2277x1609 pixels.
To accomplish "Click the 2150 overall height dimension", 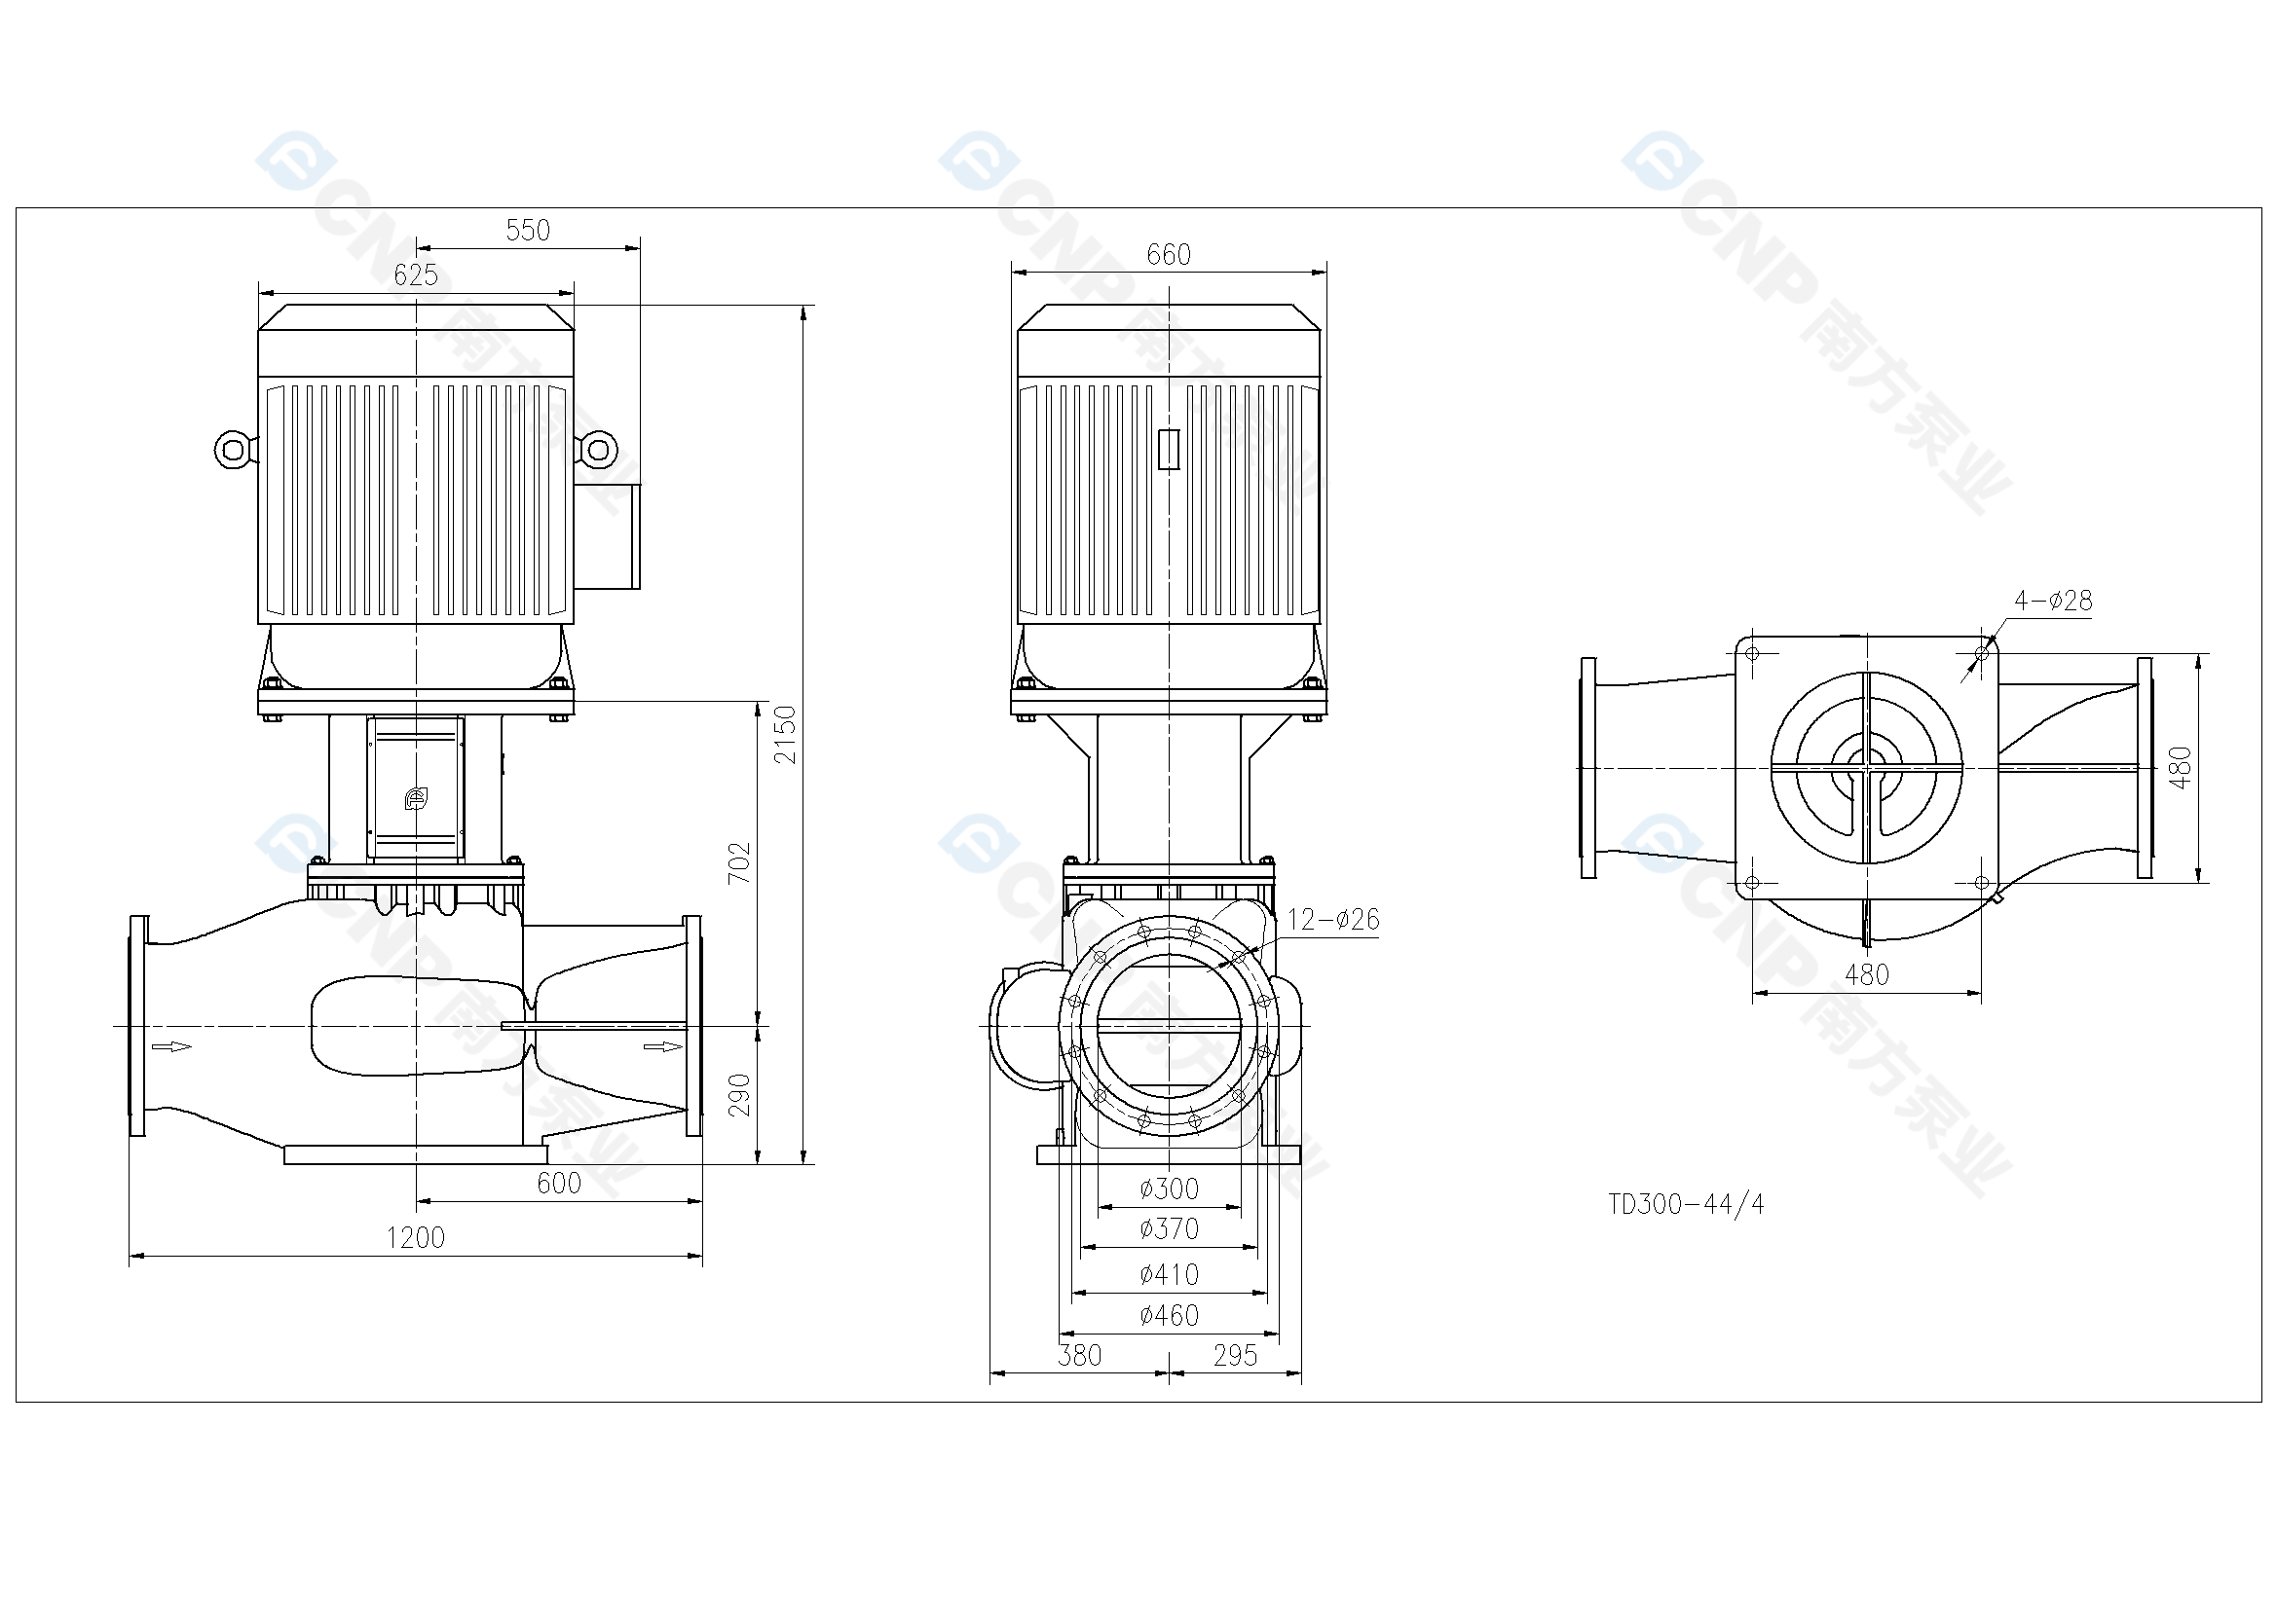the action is [785, 735].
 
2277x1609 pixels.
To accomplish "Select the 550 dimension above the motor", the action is [528, 230].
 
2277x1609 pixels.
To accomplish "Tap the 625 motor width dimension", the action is [416, 274].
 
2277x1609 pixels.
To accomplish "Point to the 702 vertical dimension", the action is [740, 862].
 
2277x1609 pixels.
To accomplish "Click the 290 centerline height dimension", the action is [740, 1094].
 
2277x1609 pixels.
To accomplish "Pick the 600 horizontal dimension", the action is [558, 1183].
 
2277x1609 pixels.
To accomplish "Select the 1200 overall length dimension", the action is [416, 1237].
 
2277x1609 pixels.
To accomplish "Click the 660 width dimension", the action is [1169, 255].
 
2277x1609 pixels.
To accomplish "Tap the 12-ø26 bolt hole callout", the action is [1333, 920].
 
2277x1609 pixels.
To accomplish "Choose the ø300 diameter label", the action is [1170, 1188].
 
